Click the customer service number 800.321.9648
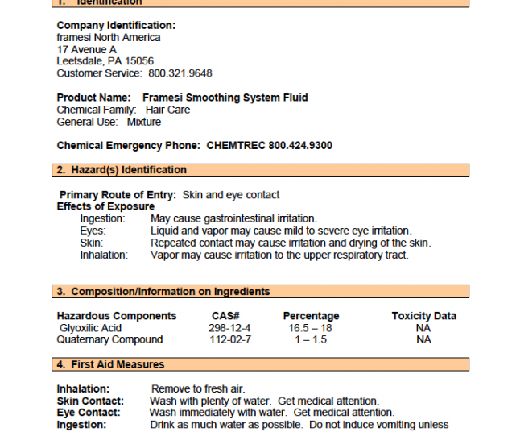(180, 73)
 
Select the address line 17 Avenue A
(87, 49)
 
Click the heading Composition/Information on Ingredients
(170, 292)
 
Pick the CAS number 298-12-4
(229, 328)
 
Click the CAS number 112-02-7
(229, 339)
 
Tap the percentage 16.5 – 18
(310, 328)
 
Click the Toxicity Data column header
(423, 316)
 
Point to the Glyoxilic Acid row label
(90, 328)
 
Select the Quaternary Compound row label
(109, 339)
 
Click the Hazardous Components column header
(117, 316)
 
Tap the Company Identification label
(116, 26)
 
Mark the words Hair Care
(167, 110)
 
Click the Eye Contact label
(89, 413)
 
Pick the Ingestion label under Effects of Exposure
(102, 218)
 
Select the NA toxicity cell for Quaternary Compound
(423, 339)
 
